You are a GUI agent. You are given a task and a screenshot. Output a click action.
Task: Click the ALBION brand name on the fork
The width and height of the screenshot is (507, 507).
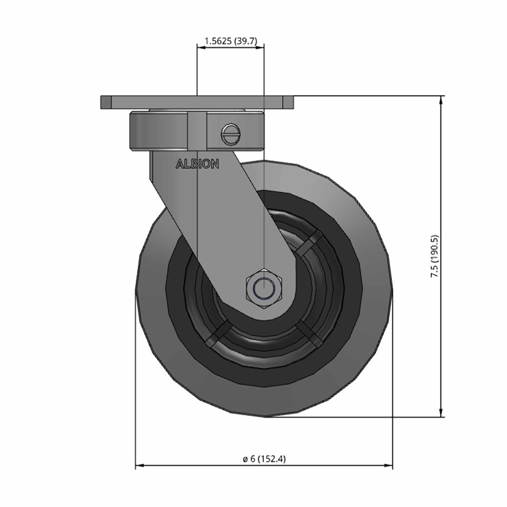(x=197, y=164)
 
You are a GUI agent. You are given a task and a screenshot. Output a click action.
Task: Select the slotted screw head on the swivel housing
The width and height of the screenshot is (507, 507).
(x=231, y=135)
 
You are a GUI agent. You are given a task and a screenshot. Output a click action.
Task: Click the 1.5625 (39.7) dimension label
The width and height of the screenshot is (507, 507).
(x=231, y=42)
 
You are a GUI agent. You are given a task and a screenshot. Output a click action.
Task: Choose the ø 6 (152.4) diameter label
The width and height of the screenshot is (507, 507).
(x=264, y=459)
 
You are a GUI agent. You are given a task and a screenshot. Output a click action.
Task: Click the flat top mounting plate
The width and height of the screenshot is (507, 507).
(x=197, y=102)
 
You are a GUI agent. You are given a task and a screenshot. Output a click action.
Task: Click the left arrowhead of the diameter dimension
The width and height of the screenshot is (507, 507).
(x=140, y=465)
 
